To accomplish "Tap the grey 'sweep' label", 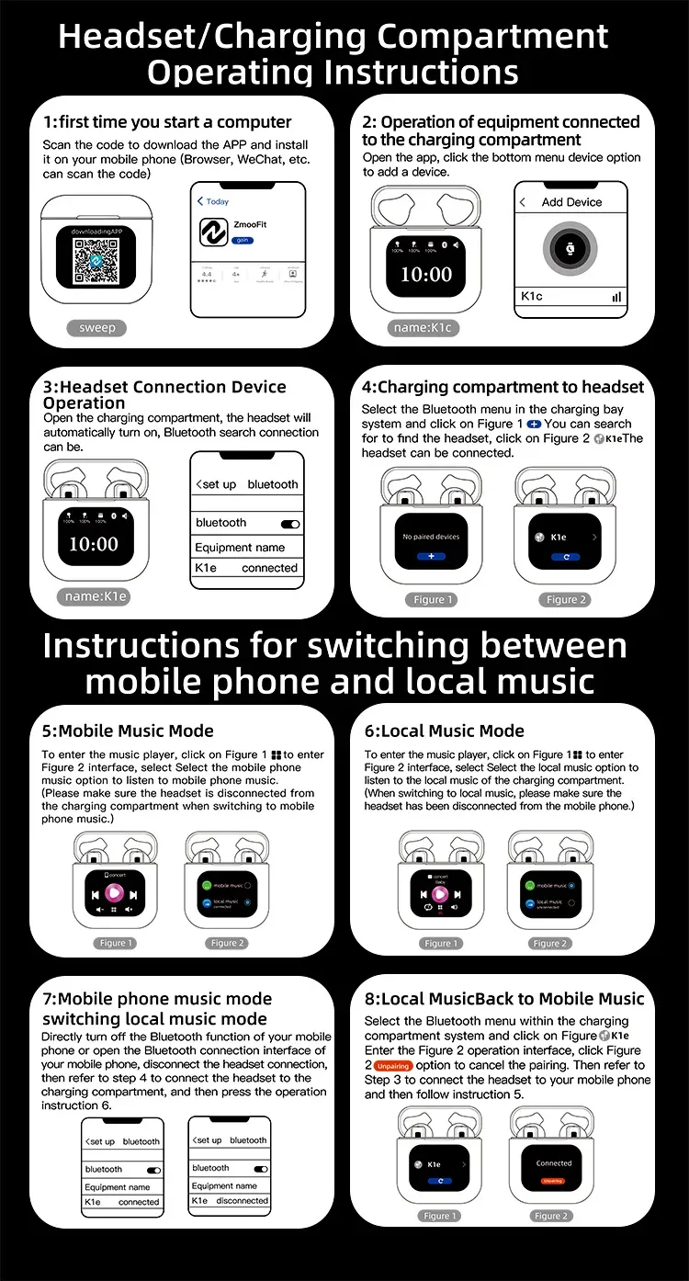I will coord(97,328).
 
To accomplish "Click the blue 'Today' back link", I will coord(213,201).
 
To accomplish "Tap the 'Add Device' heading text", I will coord(571,202).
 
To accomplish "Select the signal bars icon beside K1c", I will coord(616,297).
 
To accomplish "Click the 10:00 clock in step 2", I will coord(426,274).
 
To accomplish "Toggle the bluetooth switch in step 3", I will coord(290,524).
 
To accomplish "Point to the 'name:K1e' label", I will coord(95,596).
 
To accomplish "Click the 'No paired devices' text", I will coord(431,537).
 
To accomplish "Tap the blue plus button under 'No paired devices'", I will coord(431,557).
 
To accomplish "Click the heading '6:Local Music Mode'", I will coord(445,731).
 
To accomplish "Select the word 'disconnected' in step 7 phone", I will coord(243,1201).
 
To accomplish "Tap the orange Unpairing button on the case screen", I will coord(553,1181).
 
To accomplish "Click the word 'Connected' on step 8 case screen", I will coord(554,1163).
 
